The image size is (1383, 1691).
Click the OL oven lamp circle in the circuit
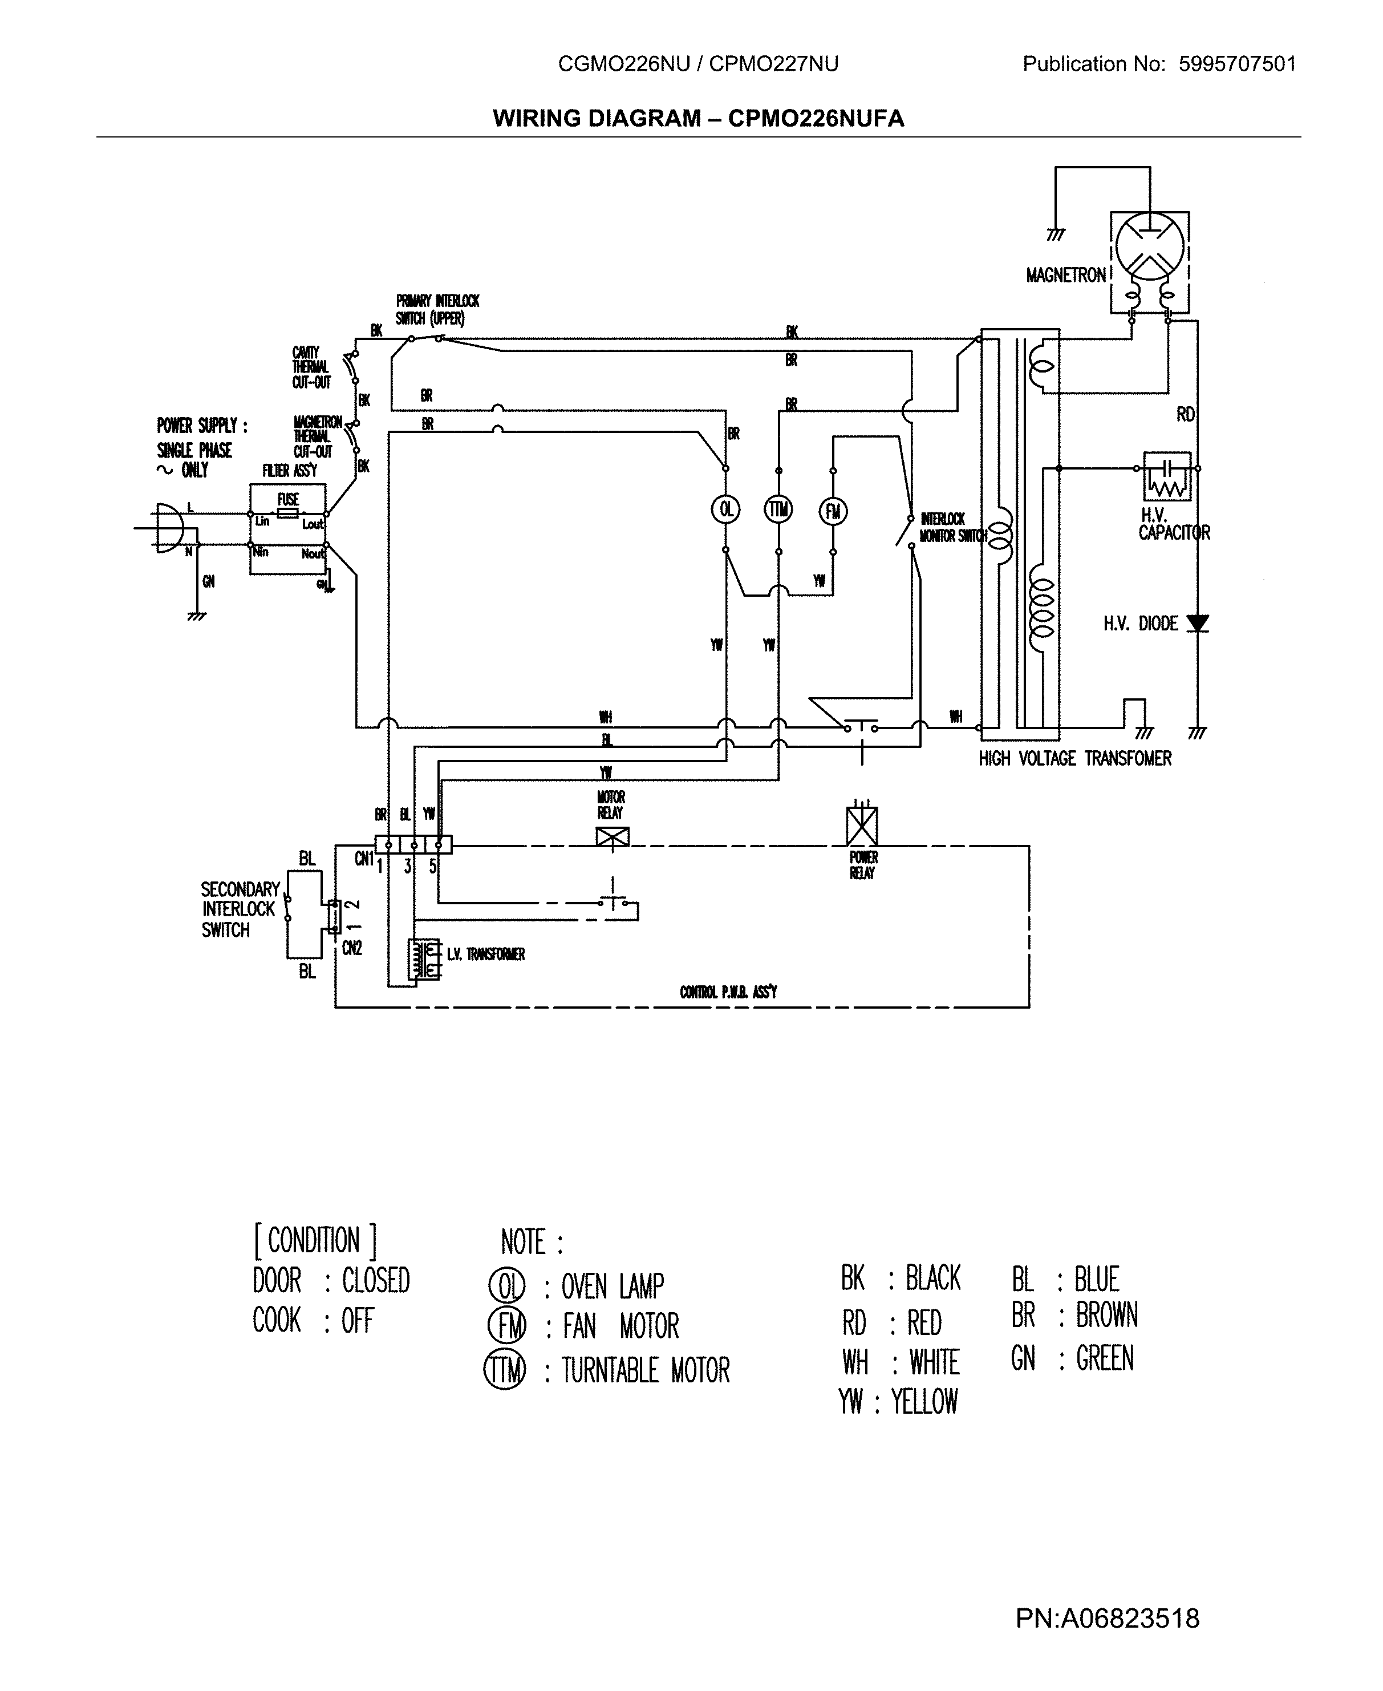tap(725, 509)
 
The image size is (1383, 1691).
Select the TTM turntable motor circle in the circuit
tap(778, 509)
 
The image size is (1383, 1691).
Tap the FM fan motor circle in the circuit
tap(833, 511)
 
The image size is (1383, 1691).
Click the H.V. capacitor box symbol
tap(1167, 476)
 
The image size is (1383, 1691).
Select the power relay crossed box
tap(861, 826)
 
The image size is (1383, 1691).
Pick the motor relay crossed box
tap(612, 837)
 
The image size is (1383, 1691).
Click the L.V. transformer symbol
tap(423, 958)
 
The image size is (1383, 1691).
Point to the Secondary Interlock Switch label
tap(238, 909)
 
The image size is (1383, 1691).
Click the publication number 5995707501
tap(1237, 64)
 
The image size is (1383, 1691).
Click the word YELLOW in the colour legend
tap(924, 1401)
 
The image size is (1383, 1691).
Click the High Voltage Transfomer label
tap(1074, 759)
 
